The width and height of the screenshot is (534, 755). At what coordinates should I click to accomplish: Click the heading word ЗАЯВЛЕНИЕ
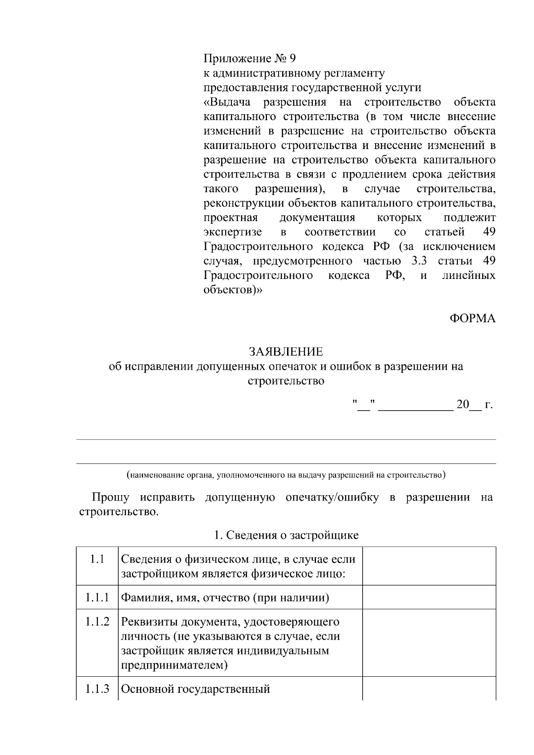[286, 352]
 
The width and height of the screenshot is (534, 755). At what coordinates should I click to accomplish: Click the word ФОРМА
[472, 319]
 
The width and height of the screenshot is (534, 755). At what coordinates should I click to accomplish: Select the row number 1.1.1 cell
[97, 597]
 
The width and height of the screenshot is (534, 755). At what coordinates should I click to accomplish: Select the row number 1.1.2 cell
[97, 622]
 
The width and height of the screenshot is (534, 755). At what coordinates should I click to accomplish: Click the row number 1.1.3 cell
[97, 689]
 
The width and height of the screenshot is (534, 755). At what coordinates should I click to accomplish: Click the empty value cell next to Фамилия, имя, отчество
[429, 597]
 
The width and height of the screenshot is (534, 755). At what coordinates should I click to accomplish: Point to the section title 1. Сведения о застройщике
[286, 535]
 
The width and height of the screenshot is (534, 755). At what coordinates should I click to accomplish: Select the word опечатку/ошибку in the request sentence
[332, 497]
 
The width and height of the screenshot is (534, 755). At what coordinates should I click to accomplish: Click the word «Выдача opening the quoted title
[227, 102]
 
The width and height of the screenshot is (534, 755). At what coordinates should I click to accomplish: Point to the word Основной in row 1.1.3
[147, 689]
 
